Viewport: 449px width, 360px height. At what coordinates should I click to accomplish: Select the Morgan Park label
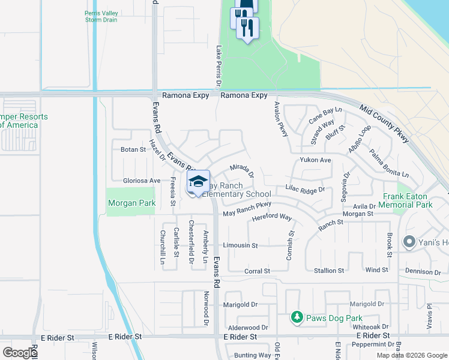[132, 203]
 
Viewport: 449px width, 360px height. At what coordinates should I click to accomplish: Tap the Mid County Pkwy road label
[385, 124]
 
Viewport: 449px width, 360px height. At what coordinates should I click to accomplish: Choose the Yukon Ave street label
[316, 161]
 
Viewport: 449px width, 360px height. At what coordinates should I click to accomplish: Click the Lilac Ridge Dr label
[305, 189]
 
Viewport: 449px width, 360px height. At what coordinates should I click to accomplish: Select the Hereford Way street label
[272, 217]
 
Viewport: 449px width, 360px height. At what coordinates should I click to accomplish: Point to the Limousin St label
[240, 245]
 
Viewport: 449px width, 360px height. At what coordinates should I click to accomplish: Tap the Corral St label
[258, 271]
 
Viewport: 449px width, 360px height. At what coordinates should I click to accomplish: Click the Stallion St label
[329, 271]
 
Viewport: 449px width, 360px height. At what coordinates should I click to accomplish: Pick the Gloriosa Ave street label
[142, 181]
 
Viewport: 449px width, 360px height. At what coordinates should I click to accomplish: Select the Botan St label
[133, 149]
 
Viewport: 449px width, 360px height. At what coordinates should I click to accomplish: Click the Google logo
[20, 352]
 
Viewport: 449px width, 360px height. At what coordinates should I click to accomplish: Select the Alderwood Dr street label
[248, 328]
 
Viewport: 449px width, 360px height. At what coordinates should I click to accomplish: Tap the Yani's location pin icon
[411, 242]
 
